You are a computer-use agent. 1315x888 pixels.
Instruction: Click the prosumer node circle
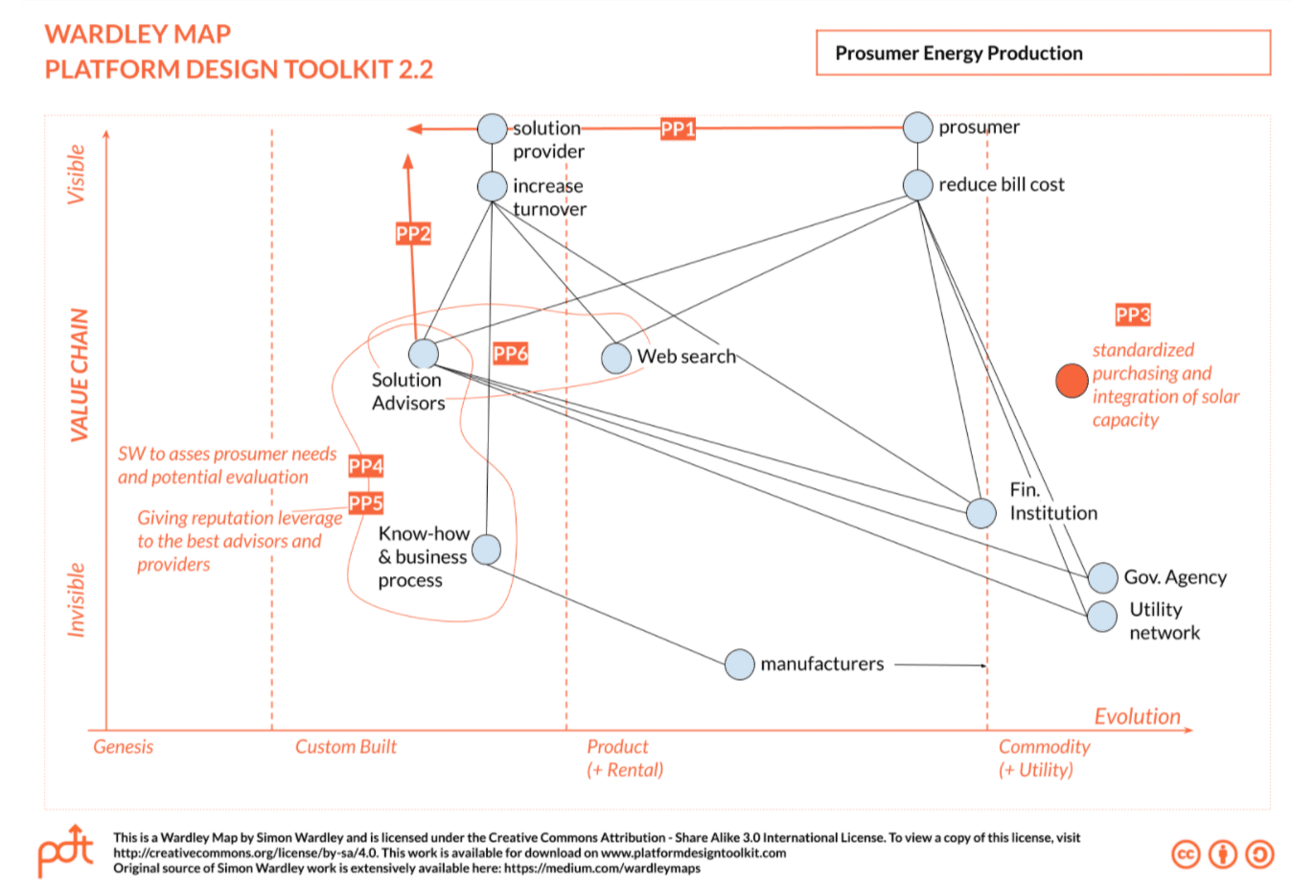click(917, 128)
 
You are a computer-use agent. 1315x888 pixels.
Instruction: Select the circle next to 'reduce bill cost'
click(917, 185)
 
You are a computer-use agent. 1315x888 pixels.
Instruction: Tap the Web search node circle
click(616, 358)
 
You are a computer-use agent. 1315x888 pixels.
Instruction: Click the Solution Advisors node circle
click(423, 354)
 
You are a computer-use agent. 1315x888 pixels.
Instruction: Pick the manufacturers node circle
click(739, 664)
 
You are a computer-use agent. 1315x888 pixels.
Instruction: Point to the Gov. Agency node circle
click(1102, 577)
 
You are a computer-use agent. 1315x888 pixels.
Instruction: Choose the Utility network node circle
click(1102, 616)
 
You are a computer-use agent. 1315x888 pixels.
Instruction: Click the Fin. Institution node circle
click(980, 513)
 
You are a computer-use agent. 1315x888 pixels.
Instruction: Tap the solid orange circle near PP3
click(1072, 381)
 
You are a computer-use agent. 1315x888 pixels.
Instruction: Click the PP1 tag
click(678, 129)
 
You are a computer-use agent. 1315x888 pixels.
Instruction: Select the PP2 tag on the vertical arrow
click(413, 233)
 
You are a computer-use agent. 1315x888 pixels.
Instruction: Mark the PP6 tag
click(511, 354)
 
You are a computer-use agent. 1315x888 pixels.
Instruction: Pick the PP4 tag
click(366, 466)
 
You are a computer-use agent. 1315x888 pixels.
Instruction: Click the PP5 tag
click(366, 503)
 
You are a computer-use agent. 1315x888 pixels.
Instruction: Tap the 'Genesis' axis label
click(123, 747)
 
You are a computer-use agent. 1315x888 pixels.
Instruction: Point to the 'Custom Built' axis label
click(345, 747)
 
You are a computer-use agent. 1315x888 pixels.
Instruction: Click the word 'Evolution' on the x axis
click(1137, 716)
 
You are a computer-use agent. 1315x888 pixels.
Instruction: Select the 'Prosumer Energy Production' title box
click(1043, 53)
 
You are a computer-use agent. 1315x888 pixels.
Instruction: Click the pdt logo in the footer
click(65, 850)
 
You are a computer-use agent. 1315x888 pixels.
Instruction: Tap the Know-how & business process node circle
click(486, 549)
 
